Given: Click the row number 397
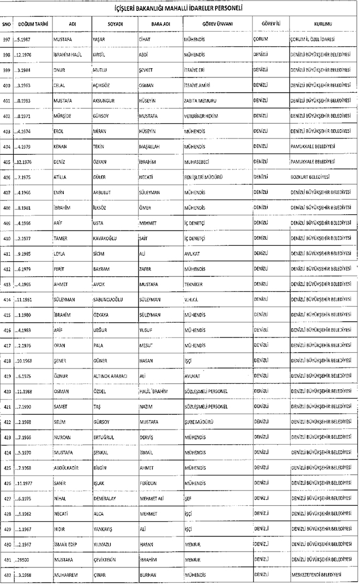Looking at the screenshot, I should pos(7,40).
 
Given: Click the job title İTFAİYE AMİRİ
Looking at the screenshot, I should pos(197,86).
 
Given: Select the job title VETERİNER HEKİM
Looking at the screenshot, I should pos(201,116).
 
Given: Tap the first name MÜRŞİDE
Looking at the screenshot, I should pos(63,116).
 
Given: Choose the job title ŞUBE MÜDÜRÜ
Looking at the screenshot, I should pos(198,422).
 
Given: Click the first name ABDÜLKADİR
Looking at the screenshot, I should pos(68,468).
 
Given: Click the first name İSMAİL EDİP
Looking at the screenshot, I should pos(67,544).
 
